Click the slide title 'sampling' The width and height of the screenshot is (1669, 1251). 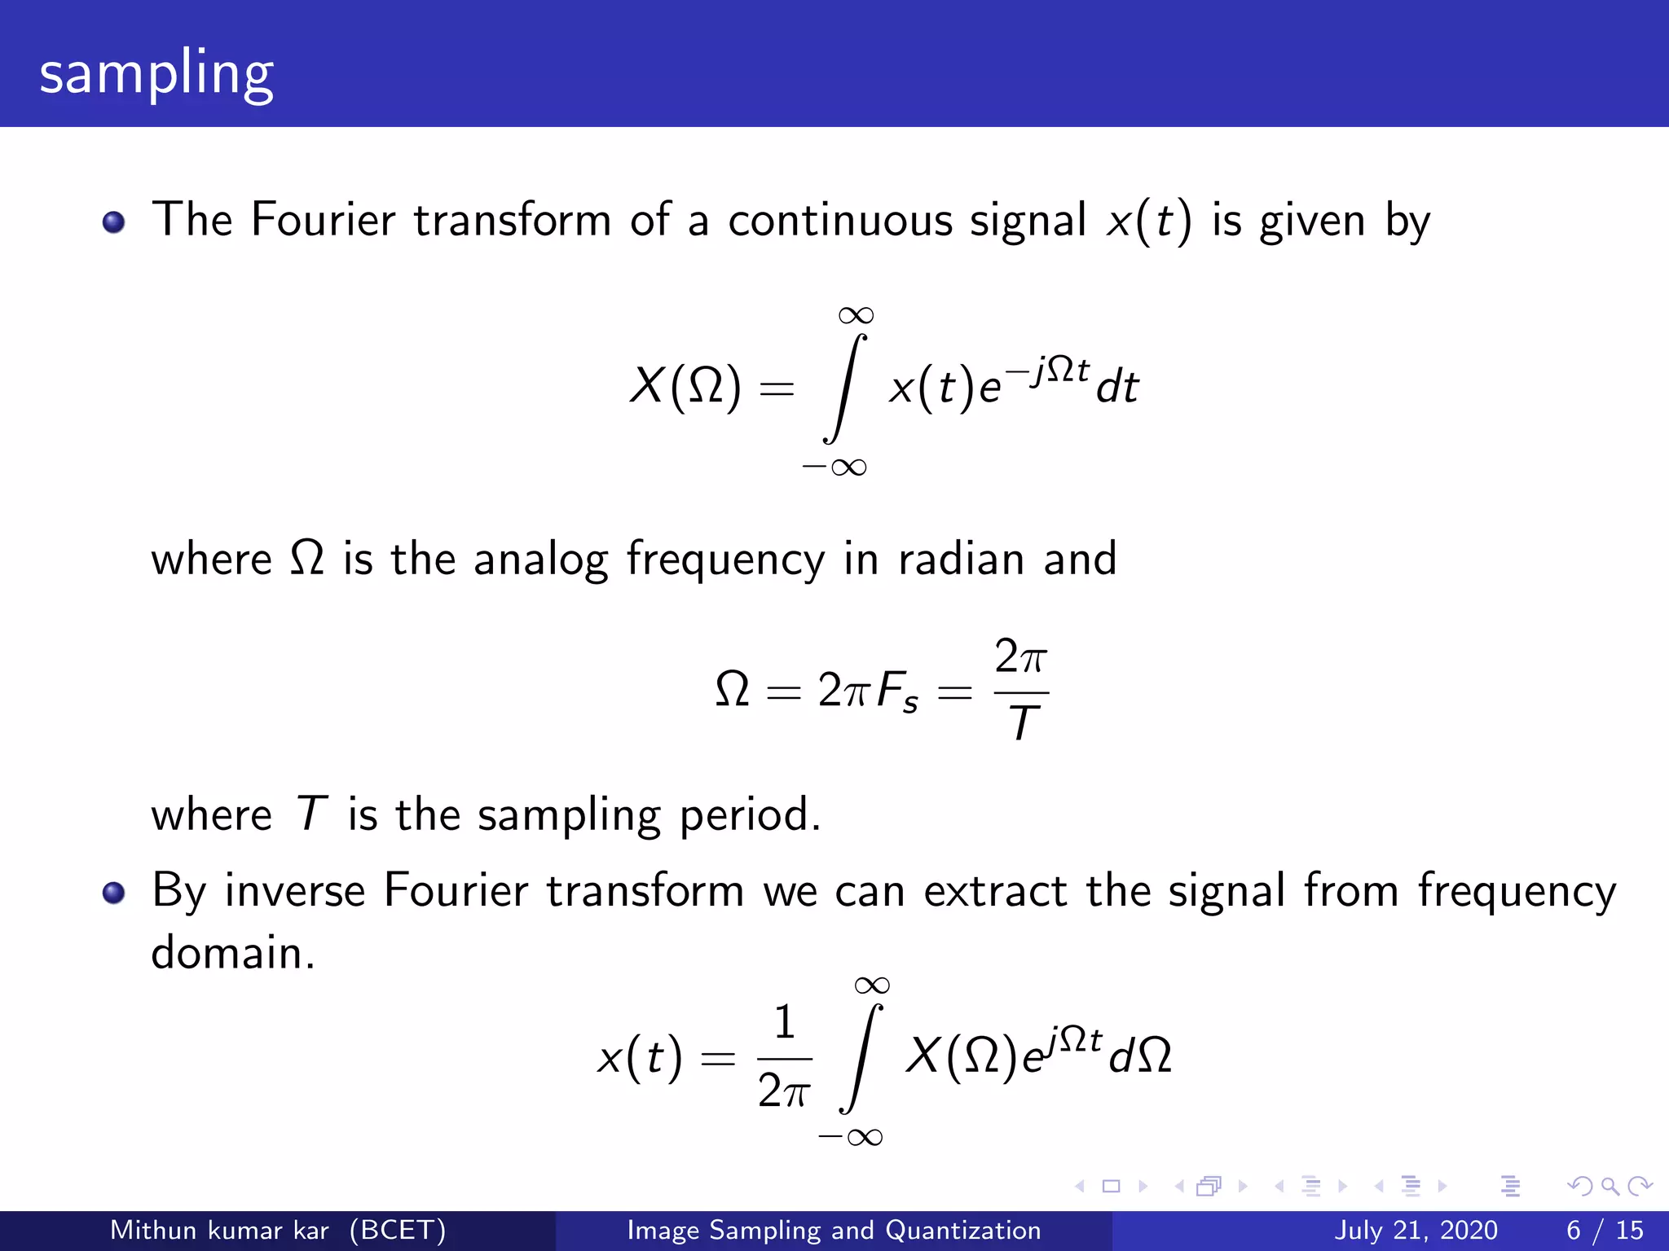click(156, 73)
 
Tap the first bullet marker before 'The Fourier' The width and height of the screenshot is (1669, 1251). click(114, 222)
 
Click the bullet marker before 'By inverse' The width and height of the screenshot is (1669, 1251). click(114, 893)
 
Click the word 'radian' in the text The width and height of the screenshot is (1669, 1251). click(961, 560)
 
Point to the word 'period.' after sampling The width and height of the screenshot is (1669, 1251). click(750, 814)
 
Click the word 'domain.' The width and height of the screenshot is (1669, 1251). click(233, 953)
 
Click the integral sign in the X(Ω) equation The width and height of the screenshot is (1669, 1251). click(844, 389)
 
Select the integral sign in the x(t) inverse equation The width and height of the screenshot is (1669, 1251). click(861, 1059)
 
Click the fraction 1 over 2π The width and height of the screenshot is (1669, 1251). click(784, 1059)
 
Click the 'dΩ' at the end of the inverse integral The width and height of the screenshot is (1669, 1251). click(1140, 1056)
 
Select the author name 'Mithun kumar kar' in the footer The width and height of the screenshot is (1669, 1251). click(219, 1230)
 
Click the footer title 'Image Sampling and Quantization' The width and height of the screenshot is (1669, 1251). click(834, 1230)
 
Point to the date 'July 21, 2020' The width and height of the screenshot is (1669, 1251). click(1416, 1230)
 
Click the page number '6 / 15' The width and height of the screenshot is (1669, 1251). click(1605, 1230)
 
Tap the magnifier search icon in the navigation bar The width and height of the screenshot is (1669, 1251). click(1610, 1187)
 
